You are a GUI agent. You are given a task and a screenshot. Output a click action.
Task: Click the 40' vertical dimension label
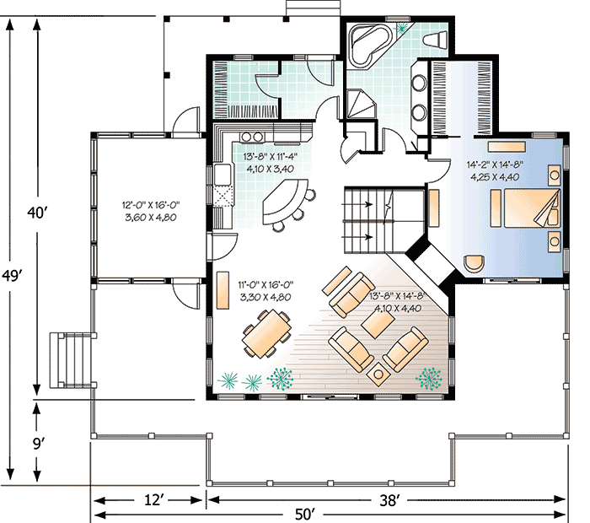[x=36, y=213]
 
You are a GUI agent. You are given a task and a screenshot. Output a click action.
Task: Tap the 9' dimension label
[x=37, y=440]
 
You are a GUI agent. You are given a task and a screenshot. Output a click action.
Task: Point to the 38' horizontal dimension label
[x=389, y=500]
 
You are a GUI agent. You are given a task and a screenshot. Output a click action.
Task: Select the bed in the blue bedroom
[x=528, y=208]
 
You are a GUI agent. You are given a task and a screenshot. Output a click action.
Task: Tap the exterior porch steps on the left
[x=70, y=359]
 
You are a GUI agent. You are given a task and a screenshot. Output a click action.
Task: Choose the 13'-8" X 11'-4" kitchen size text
[x=271, y=162]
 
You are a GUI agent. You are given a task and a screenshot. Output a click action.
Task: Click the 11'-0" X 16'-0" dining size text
[x=264, y=292]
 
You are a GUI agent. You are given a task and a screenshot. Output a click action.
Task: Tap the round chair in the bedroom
[x=475, y=263]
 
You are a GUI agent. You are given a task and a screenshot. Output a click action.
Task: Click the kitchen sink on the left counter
[x=223, y=175]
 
